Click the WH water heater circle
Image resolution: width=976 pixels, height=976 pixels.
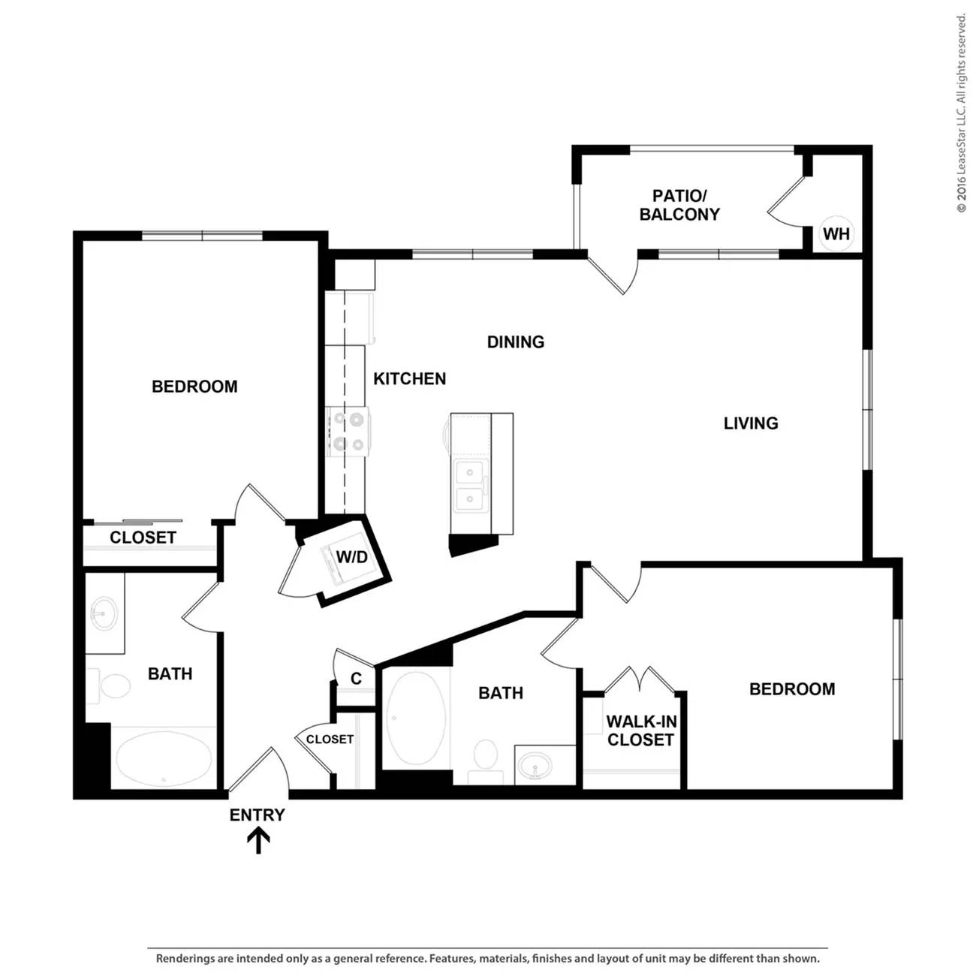coord(836,234)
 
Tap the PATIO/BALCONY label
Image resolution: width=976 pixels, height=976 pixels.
coord(679,205)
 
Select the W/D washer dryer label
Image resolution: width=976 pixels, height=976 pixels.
coord(352,557)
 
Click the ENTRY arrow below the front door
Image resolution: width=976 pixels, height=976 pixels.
coord(258,841)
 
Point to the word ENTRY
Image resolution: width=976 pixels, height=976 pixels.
coord(258,815)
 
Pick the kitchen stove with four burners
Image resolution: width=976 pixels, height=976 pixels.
coord(348,432)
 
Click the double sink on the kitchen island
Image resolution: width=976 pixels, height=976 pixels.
coord(471,486)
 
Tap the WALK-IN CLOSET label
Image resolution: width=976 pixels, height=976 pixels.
coord(641,730)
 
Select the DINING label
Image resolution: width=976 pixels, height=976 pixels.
coord(516,342)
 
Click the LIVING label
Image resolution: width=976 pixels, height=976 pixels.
coord(751,423)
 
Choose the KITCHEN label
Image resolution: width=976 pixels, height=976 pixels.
coord(409,378)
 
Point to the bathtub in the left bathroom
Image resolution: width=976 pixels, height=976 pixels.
coord(164,759)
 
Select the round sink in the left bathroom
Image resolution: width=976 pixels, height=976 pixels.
coord(104,614)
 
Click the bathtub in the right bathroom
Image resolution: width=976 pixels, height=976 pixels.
coord(417,718)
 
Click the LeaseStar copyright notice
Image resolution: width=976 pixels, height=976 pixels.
coord(961,113)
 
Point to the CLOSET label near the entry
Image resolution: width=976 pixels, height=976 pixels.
coord(330,740)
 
